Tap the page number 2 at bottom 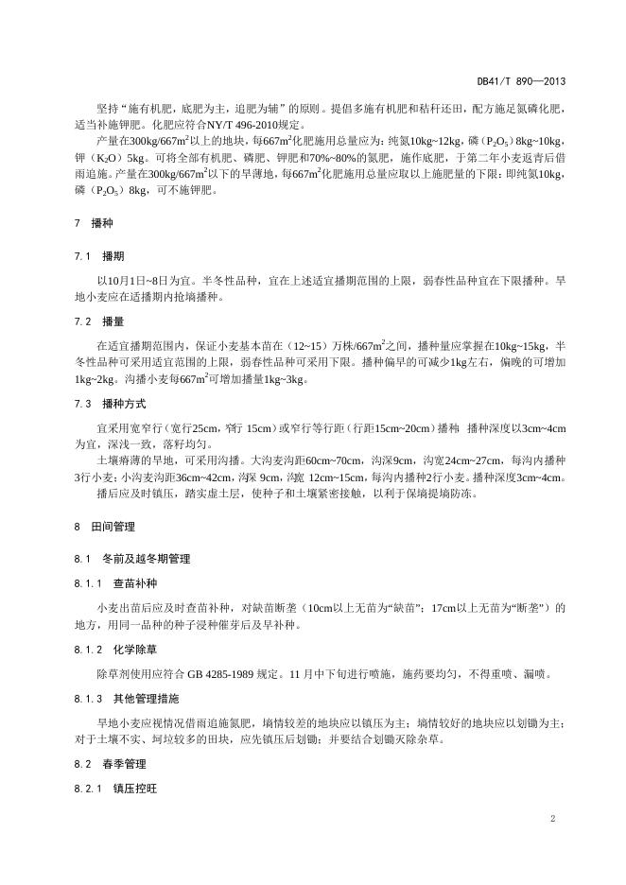pos(551,819)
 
